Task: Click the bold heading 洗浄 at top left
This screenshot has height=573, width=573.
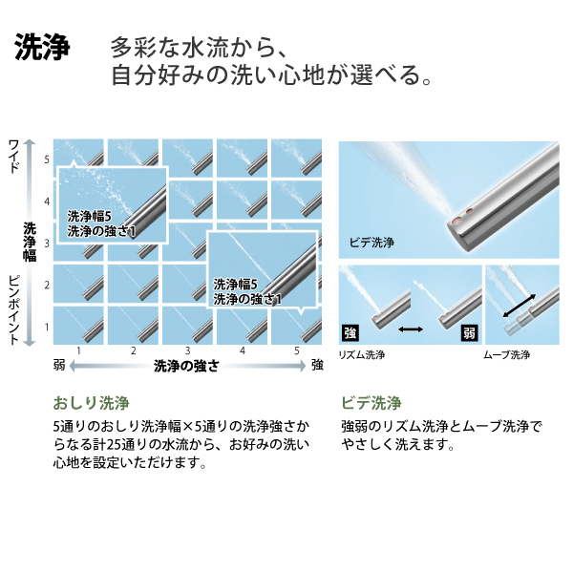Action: coord(42,47)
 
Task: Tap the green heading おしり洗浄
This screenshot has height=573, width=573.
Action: coord(91,403)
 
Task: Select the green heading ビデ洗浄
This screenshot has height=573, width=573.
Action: coord(371,403)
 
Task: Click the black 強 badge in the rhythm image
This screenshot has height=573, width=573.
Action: coord(350,332)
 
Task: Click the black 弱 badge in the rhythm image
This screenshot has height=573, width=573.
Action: coord(469,332)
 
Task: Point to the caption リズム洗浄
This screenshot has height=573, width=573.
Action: coord(362,354)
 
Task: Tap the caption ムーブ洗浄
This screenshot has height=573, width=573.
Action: coord(506,354)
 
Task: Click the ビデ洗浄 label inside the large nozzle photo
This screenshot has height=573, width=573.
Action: coord(371,242)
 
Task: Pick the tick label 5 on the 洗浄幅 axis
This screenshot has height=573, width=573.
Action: coord(47,159)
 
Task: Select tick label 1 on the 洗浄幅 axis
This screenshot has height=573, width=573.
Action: coord(47,327)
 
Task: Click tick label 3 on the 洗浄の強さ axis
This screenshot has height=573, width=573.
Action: coord(187,350)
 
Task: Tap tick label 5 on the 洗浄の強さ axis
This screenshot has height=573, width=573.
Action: coord(297,350)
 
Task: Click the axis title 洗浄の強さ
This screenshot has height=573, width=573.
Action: coord(186,366)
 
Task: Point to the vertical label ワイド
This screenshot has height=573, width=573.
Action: coord(14,156)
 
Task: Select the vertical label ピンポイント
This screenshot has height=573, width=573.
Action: coord(14,309)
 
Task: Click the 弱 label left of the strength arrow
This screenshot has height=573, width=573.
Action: coord(59,365)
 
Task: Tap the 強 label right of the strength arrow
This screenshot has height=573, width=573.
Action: coord(317,365)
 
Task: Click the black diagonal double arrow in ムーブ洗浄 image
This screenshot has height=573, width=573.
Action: coord(520,306)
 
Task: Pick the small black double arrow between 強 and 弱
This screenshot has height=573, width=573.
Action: coord(411,329)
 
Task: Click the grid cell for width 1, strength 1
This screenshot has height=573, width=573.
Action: coord(78,326)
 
